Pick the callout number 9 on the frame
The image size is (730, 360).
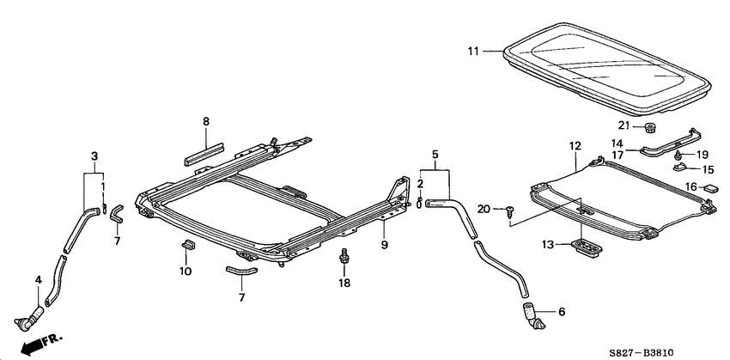(385, 245)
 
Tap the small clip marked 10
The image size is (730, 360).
(186, 248)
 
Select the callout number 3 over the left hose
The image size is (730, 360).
(94, 156)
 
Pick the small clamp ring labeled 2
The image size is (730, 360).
(420, 202)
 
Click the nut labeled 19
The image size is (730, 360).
(678, 155)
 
